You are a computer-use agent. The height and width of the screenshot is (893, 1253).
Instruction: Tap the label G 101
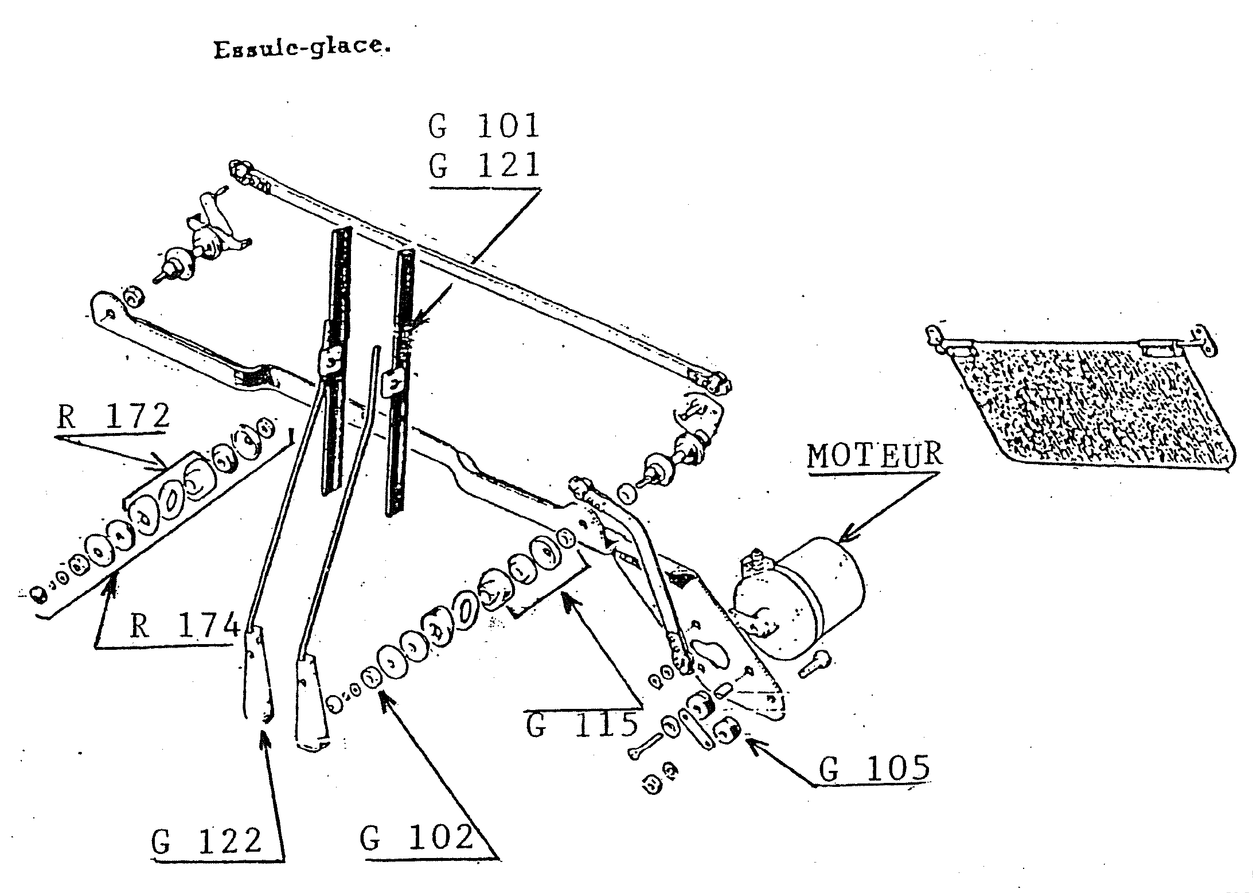pos(485,126)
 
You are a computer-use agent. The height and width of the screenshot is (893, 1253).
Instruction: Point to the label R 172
pos(113,416)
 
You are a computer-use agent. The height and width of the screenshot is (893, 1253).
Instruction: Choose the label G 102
pos(417,837)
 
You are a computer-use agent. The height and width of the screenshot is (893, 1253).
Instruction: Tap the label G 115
pos(583,724)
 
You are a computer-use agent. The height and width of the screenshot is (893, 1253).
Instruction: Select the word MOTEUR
pos(875,455)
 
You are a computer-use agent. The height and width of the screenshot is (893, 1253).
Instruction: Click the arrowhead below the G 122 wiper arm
pos(264,738)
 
